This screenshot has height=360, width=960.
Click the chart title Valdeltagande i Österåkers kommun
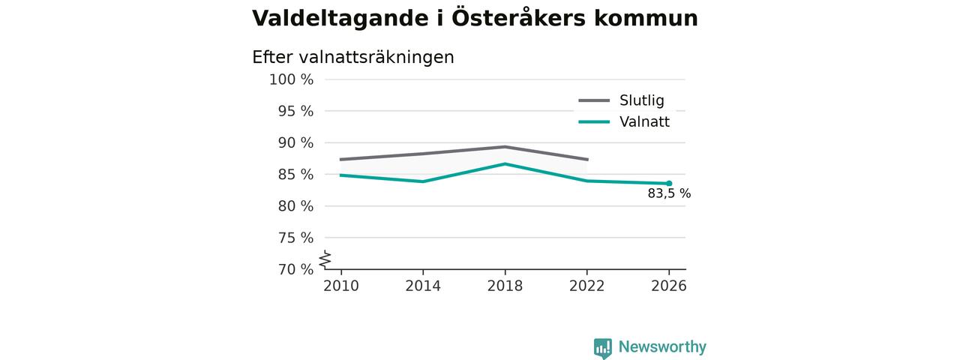point(475,19)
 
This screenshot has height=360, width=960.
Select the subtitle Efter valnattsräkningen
point(352,58)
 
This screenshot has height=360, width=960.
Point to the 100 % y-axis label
point(292,79)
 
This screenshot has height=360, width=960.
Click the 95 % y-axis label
point(295,112)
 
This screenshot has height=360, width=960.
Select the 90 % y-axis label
point(295,142)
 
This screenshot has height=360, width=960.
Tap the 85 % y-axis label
point(295,175)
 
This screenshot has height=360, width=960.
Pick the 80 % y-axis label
point(295,206)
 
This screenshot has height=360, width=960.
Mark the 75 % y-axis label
point(295,238)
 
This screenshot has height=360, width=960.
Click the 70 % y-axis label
point(295,269)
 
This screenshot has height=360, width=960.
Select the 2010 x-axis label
point(341,286)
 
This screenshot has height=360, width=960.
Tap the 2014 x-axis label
point(423,286)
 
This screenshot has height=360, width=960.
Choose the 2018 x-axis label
point(505,286)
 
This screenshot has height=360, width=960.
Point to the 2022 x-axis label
point(586,286)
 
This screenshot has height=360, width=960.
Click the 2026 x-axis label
point(669,286)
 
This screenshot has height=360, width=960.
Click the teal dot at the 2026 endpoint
point(669,184)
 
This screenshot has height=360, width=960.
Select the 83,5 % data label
point(669,193)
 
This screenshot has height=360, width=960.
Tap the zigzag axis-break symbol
point(325,259)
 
